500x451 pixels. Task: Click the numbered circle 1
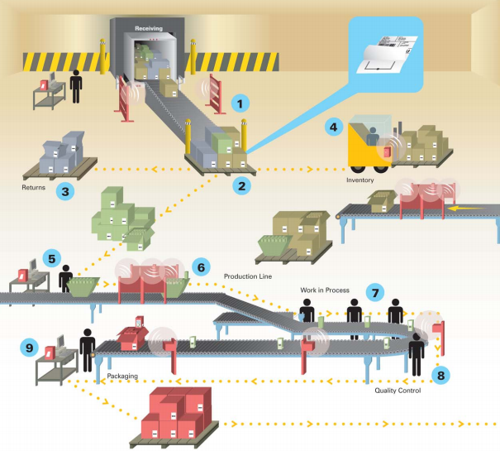[240, 104]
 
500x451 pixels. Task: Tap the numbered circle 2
[242, 185]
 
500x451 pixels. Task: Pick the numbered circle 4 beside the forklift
[333, 127]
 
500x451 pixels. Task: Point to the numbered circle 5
[51, 258]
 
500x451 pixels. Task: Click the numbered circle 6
[199, 269]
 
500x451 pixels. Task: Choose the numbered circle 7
[375, 292]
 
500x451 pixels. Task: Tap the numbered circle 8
[442, 374]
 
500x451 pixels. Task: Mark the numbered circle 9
[31, 348]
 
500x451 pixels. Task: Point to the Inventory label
[362, 179]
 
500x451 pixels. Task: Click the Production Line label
[247, 275]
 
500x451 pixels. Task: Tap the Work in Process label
[325, 290]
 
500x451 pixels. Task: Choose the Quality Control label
[398, 391]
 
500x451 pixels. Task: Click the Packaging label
[124, 377]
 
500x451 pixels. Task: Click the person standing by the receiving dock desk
[76, 85]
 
